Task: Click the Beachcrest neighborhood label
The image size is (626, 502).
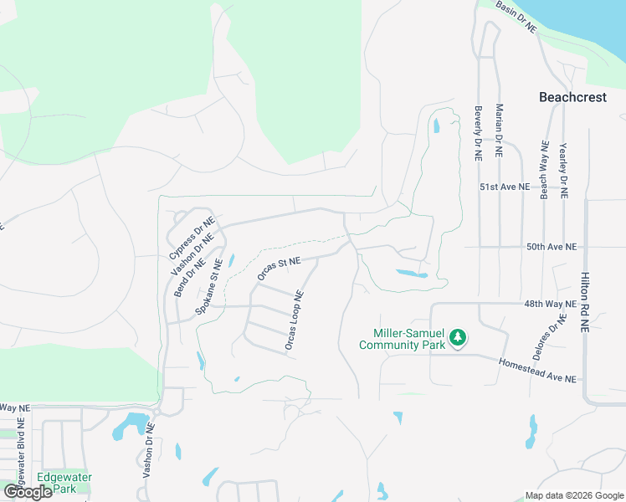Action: point(572,98)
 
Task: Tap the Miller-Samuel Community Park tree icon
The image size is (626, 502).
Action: point(457,338)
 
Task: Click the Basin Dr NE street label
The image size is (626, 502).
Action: point(516,17)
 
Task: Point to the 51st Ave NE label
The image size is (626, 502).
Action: point(505,187)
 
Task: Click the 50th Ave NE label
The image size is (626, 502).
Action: point(552,248)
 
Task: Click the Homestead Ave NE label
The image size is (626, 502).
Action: point(537,371)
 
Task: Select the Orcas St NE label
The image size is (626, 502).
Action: point(279,269)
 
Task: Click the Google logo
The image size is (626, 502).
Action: point(27,492)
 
